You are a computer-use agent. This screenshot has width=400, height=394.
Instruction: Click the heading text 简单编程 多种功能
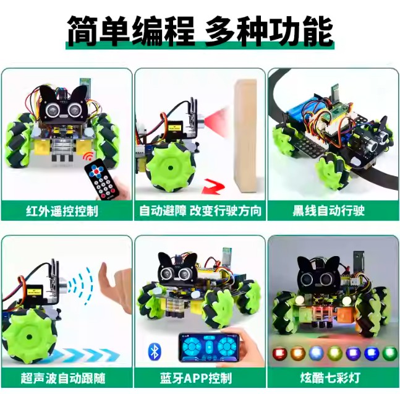(x=200, y=31)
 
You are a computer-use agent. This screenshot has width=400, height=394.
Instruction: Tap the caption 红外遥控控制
(x=62, y=211)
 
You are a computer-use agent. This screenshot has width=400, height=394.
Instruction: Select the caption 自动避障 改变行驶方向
(x=200, y=211)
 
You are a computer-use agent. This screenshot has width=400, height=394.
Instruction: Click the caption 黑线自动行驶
(x=328, y=211)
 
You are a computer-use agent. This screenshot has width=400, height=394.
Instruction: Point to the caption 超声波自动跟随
(x=63, y=378)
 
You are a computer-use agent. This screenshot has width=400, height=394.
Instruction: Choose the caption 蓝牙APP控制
(x=196, y=378)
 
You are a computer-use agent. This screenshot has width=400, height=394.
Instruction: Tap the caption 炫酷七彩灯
(x=330, y=378)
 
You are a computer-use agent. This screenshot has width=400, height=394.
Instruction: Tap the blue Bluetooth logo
(x=155, y=352)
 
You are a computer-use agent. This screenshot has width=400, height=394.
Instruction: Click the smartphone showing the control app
(x=209, y=347)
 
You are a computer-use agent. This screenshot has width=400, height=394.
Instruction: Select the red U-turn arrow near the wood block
(x=213, y=187)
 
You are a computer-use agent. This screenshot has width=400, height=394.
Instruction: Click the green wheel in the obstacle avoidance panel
(x=169, y=168)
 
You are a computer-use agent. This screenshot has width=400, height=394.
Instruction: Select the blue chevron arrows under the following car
(x=82, y=355)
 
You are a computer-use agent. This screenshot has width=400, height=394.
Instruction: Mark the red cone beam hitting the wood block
(x=218, y=119)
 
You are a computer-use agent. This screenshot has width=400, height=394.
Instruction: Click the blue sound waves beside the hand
(x=81, y=285)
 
